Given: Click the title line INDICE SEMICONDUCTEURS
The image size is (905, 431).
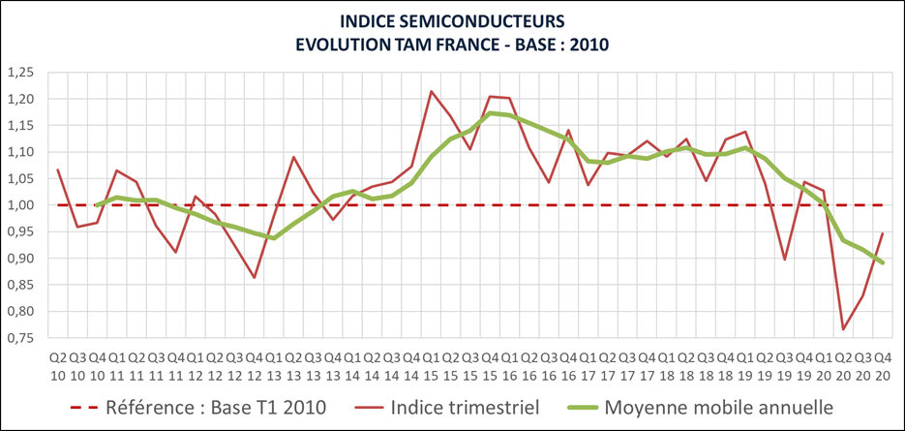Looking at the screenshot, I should click(452, 20).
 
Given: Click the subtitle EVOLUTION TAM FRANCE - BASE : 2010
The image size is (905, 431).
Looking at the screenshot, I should click(452, 45).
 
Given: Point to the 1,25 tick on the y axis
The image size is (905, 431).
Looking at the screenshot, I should click(19, 73).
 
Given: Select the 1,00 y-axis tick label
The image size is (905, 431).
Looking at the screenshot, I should click(19, 205).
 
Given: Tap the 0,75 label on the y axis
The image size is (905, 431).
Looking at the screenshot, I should click(19, 338).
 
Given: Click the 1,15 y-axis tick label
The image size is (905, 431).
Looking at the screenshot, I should click(19, 126).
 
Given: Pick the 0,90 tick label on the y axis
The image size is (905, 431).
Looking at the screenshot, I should click(19, 259).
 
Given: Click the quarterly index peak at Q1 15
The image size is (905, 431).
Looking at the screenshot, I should click(431, 91).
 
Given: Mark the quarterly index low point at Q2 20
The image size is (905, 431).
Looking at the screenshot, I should click(843, 329).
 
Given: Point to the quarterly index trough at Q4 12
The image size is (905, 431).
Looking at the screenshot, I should click(255, 278).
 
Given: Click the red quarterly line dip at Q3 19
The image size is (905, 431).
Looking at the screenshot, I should click(784, 260).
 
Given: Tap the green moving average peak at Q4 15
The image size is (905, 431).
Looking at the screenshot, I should click(490, 113).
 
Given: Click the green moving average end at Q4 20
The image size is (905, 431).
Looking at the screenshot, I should click(883, 262).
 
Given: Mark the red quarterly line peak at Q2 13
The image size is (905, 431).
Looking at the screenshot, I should click(293, 157).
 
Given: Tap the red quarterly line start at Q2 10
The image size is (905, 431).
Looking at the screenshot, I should click(58, 169).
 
